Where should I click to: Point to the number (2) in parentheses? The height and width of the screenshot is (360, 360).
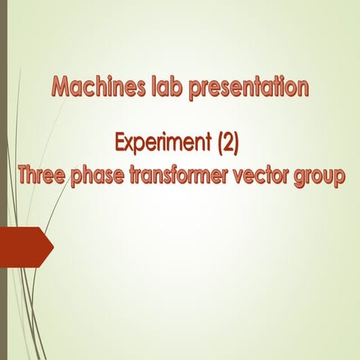(x=222, y=141)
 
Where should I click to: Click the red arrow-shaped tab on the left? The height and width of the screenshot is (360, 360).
(x=24, y=246)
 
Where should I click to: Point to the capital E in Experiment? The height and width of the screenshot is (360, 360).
(x=120, y=140)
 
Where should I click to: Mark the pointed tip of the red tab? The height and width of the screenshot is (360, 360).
(x=52, y=246)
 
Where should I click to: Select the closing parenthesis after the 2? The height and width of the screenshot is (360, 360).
(x=235, y=141)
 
